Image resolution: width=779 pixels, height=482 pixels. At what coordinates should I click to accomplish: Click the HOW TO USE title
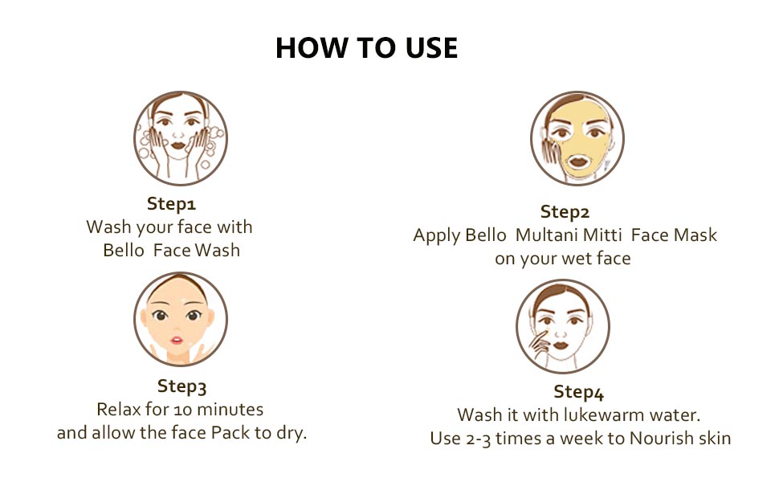(x=367, y=47)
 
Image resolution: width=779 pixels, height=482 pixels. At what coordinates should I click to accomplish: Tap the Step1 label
(x=171, y=204)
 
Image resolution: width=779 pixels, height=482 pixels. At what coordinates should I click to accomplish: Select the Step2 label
(x=565, y=212)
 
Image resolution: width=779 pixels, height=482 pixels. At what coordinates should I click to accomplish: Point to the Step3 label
(x=181, y=386)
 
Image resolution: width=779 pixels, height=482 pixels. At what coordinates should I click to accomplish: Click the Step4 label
(x=579, y=392)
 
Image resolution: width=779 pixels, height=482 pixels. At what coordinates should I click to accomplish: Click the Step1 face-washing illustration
(x=181, y=138)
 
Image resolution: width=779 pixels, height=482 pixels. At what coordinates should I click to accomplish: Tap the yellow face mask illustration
(x=577, y=138)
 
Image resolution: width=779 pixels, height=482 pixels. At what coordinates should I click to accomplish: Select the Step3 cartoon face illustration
(x=181, y=319)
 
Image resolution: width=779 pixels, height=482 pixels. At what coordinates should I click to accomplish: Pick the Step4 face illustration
(x=563, y=326)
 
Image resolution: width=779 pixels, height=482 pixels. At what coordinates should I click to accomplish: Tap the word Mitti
(x=602, y=235)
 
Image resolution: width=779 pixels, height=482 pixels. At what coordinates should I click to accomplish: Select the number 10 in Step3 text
(x=182, y=410)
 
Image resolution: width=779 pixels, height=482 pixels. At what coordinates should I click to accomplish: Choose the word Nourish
(x=654, y=438)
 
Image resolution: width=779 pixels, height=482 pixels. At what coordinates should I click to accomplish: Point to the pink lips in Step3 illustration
(x=177, y=341)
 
